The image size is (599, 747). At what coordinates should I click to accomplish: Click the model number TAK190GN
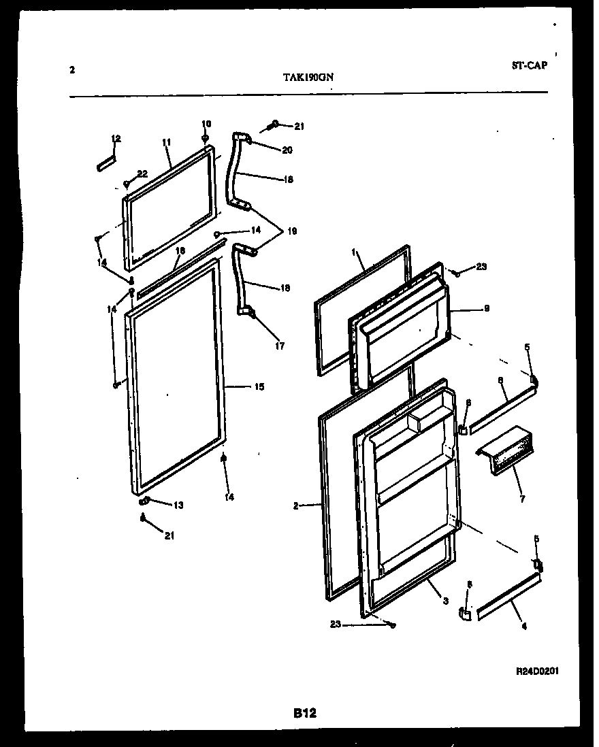point(308,77)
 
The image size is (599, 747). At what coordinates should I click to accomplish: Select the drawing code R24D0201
point(537,670)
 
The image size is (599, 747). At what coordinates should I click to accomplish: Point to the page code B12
point(305,713)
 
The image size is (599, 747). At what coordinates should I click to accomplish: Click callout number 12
point(116,139)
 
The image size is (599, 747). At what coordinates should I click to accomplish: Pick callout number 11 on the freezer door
point(165,142)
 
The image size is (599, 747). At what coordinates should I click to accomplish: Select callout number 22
point(142,174)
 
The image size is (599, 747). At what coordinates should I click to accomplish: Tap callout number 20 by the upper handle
point(287,150)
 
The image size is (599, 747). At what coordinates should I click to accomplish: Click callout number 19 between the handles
point(292,231)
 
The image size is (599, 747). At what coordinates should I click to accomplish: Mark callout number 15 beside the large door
point(259,387)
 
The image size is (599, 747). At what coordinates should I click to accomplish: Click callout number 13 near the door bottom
point(178,505)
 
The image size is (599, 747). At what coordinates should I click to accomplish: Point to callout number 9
point(487,308)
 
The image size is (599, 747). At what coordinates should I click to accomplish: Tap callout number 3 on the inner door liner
point(444,601)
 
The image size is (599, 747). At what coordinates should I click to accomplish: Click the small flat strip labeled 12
point(106,164)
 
